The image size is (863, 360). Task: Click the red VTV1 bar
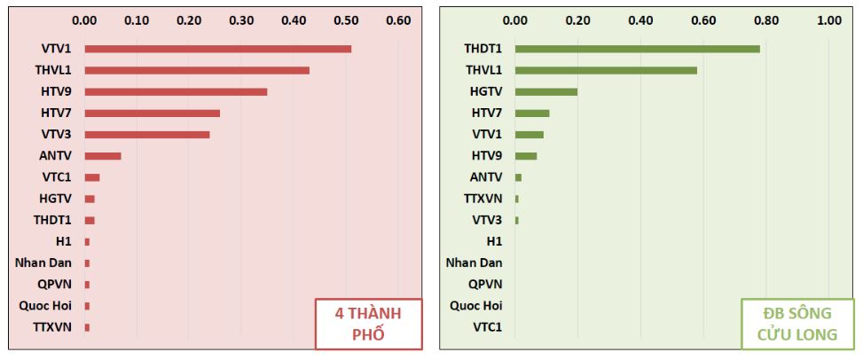click(218, 49)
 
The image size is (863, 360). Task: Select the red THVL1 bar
click(197, 70)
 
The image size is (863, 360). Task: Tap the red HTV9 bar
click(176, 91)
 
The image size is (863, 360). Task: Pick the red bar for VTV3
click(147, 135)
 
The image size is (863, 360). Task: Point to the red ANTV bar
click(103, 156)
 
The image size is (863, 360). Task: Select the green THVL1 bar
click(606, 70)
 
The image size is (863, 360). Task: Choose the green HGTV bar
click(545, 91)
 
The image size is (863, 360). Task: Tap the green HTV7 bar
click(532, 113)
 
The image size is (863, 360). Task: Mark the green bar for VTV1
click(529, 135)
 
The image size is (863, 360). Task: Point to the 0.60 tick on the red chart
click(398, 19)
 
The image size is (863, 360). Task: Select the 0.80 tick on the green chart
click(765, 19)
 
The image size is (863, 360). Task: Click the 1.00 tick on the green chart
click(828, 19)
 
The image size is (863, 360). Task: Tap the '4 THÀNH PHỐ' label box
click(367, 325)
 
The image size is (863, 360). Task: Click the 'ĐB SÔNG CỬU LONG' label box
click(797, 325)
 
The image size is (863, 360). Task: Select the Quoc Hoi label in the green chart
click(476, 306)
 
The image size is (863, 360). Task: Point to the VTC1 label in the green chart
click(487, 327)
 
